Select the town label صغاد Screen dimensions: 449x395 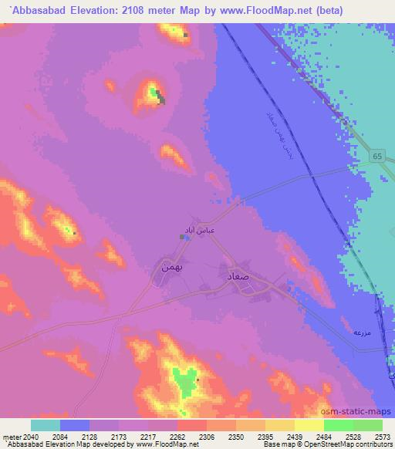pyautogui.click(x=238, y=274)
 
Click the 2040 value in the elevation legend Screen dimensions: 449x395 pyautogui.click(x=31, y=437)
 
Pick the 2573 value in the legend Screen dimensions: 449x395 pyautogui.click(x=383, y=437)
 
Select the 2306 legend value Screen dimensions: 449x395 pyautogui.click(x=206, y=437)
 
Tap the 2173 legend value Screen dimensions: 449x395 pyautogui.click(x=119, y=437)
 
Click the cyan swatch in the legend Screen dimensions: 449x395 pyautogui.click(x=46, y=425)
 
